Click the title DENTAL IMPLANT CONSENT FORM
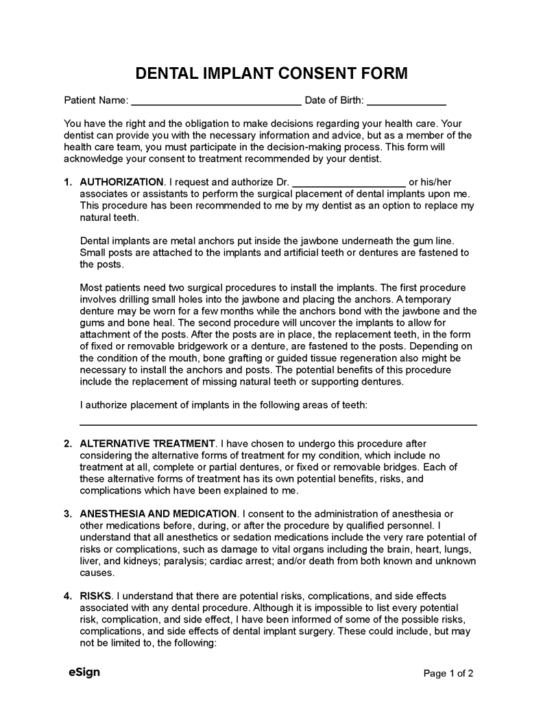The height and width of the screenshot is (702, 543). tap(271, 73)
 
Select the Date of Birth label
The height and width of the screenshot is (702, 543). tap(334, 100)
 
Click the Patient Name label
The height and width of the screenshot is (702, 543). tap(96, 100)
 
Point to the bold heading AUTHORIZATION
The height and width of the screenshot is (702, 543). tap(122, 182)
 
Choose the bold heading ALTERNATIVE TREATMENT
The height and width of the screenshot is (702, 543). tap(147, 444)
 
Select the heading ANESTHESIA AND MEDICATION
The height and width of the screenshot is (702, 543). tap(158, 513)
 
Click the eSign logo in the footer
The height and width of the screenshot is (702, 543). tap(84, 672)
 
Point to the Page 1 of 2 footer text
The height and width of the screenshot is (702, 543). tap(448, 673)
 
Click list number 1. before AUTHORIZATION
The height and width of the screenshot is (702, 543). tap(68, 182)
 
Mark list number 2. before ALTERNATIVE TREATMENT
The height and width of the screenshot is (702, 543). tap(68, 444)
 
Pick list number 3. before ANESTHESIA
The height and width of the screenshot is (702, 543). tap(68, 513)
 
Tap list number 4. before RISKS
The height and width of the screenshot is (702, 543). tap(68, 596)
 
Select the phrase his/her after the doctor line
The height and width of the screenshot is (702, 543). tap(430, 182)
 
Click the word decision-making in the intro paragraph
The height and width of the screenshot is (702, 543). tap(293, 147)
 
